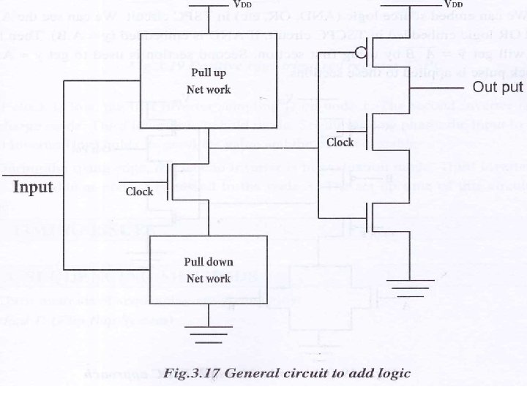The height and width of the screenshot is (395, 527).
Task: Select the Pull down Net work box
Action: pos(209,269)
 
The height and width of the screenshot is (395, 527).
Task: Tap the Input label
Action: pos(34,187)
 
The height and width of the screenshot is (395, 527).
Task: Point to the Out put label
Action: pos(497,88)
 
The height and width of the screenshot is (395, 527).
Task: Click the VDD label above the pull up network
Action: pos(242,5)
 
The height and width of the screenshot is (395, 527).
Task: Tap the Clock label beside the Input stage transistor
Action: pos(139,192)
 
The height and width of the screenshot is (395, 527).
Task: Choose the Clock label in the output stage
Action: pos(340,143)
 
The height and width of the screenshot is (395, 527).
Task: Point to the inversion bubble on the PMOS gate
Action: pos(359,52)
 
